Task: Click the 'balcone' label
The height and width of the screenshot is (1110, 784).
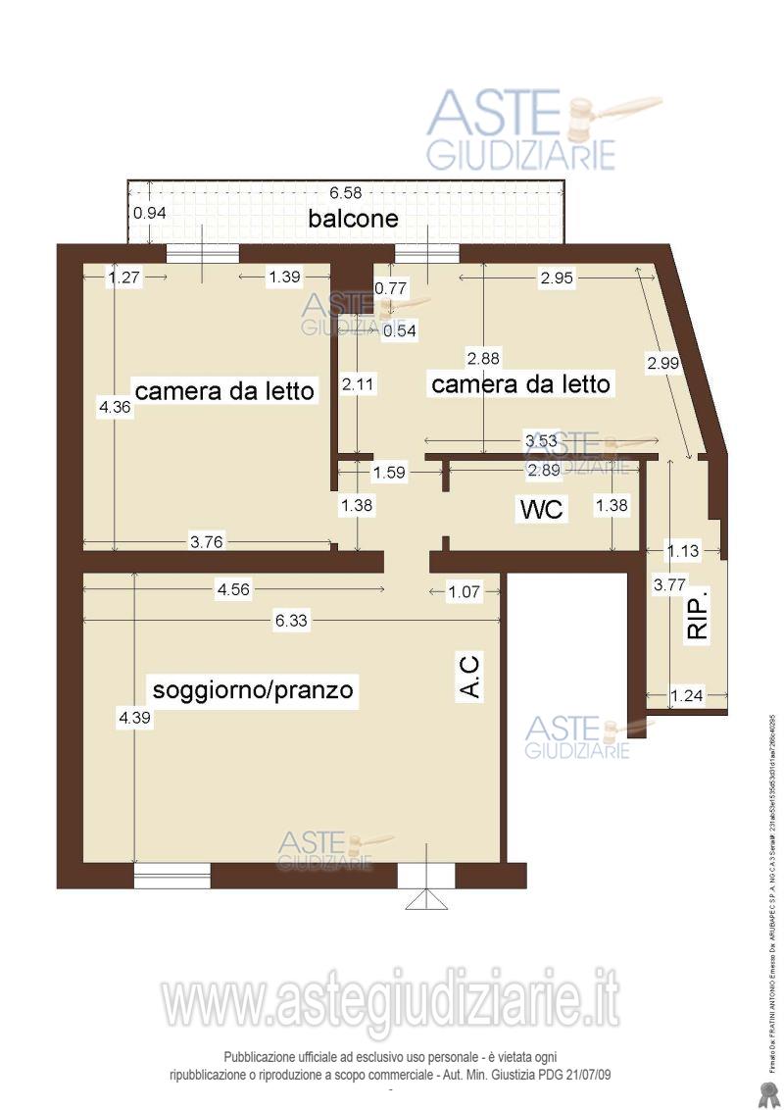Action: [x=353, y=219]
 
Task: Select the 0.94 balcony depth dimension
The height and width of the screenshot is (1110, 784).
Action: [x=150, y=213]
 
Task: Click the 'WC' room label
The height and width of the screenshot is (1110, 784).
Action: [x=541, y=509]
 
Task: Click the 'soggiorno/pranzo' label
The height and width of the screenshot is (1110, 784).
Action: [x=250, y=688]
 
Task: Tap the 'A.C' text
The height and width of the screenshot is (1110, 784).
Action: [x=470, y=678]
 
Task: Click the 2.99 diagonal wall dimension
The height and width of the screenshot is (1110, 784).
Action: [x=662, y=364]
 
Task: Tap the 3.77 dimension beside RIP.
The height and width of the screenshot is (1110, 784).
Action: [x=669, y=585]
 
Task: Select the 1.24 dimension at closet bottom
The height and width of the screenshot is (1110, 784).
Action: [x=686, y=696]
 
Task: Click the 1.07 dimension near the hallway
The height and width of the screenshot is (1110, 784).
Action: [x=465, y=590]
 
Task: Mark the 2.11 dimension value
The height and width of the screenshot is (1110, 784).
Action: [x=357, y=385]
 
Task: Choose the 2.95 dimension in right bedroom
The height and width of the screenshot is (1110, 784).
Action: [x=556, y=277]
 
